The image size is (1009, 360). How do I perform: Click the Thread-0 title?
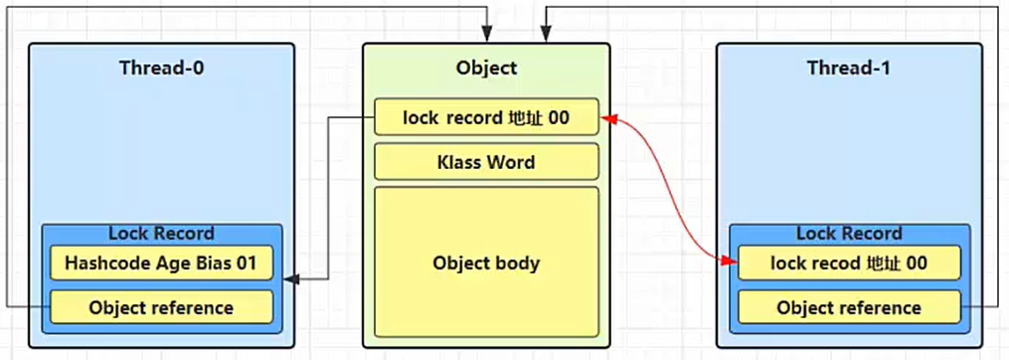pos(161,69)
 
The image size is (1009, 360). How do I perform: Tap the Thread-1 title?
pos(848,69)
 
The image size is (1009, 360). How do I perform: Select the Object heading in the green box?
pos(486,69)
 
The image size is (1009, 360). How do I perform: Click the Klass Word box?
pos(486,161)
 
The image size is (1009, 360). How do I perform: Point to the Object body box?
pos(486,264)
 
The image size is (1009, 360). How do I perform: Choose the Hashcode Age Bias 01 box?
pos(161,264)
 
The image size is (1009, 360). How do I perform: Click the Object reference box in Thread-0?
pos(161,307)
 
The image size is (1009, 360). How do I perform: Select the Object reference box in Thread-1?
pos(848,307)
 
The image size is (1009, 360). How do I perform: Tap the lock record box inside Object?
pos(486,117)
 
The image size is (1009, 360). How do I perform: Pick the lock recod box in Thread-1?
pos(848,264)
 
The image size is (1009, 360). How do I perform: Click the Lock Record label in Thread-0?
pos(161,234)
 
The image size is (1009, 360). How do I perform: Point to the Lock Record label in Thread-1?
pos(848,234)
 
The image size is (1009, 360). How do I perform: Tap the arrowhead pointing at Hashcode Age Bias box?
pos(289,281)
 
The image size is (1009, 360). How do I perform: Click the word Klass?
pos(460,161)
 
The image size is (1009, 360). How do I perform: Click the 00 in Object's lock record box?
pos(558,117)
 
